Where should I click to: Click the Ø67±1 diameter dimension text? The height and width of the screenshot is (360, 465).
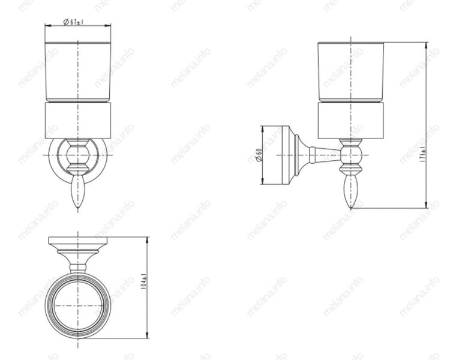[73, 22]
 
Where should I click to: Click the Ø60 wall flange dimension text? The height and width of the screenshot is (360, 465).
[259, 155]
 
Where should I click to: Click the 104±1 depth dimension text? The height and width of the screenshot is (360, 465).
[142, 283]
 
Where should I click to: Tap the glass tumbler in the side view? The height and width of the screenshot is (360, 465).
[350, 71]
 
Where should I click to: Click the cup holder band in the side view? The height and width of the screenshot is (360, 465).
[350, 120]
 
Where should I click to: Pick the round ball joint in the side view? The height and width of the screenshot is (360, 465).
[350, 156]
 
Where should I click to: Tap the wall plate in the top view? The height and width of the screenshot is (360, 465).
[77, 242]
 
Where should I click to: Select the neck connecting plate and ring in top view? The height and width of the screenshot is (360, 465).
[77, 263]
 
